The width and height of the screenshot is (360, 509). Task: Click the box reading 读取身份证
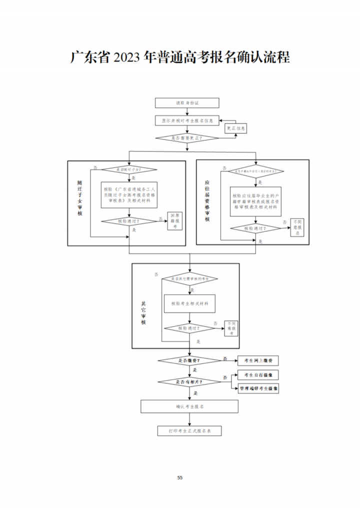[187, 103]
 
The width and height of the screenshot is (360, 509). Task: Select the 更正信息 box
[236, 128]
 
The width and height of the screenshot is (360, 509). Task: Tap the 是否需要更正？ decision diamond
[187, 137]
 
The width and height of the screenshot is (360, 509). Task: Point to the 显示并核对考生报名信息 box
[187, 120]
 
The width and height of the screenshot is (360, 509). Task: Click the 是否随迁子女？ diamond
[129, 170]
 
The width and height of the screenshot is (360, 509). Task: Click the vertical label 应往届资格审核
[207, 201]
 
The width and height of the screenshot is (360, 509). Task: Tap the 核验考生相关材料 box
[189, 303]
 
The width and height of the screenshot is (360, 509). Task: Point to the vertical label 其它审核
[143, 312]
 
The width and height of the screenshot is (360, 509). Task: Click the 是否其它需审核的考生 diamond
[189, 278]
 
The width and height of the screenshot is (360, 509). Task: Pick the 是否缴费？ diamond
[189, 360]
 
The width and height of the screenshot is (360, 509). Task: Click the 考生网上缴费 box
[258, 360]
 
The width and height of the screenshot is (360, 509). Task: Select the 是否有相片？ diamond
[189, 381]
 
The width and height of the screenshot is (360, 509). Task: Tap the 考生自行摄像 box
[258, 375]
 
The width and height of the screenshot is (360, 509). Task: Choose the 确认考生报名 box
[189, 406]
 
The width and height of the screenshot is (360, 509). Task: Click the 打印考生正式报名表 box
[189, 430]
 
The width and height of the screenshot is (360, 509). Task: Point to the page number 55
[180, 477]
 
